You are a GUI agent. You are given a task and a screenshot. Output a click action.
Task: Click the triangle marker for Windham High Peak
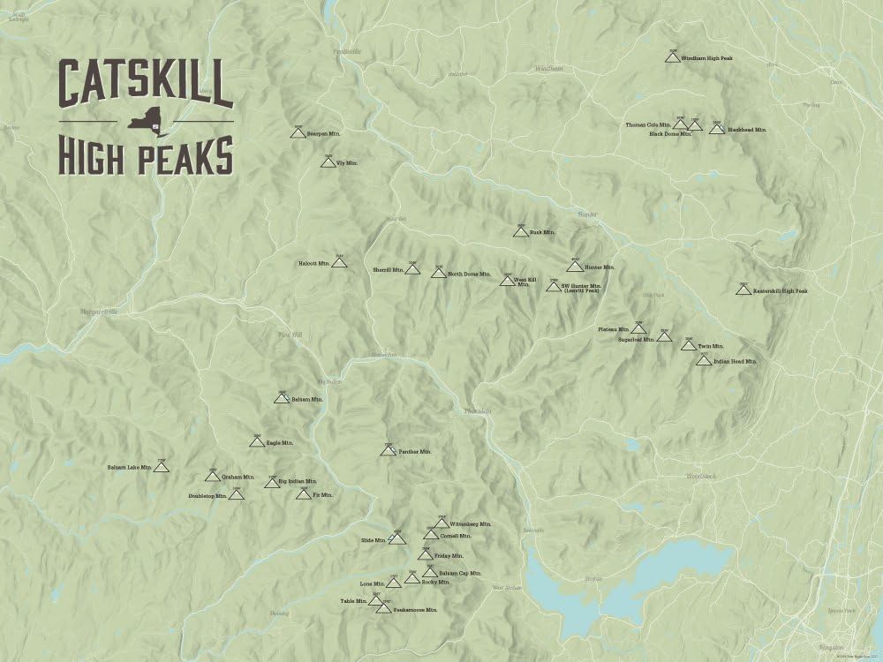[x=672, y=58]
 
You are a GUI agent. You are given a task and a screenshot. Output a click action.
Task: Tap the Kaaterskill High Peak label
[x=781, y=290]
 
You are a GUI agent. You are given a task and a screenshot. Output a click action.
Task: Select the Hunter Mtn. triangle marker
[x=575, y=267]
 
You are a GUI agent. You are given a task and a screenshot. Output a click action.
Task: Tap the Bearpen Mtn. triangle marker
[x=298, y=133]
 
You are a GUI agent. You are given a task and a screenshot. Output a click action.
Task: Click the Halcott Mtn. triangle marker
[x=340, y=263]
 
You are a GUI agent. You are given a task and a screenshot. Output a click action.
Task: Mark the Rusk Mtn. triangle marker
[x=521, y=232]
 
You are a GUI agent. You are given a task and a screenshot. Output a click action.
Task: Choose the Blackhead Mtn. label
[x=746, y=130]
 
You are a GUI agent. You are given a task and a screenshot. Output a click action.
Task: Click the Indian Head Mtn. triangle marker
[x=704, y=360]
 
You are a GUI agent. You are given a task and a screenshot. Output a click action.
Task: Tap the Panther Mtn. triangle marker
[x=388, y=451]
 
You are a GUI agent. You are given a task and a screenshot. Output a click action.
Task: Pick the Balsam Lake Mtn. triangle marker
[x=161, y=467]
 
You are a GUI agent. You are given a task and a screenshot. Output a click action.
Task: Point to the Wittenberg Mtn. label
[x=472, y=524]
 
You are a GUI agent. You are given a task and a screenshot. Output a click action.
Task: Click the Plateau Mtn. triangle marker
[x=638, y=329]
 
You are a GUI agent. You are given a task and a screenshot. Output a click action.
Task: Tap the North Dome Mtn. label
[x=468, y=274]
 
